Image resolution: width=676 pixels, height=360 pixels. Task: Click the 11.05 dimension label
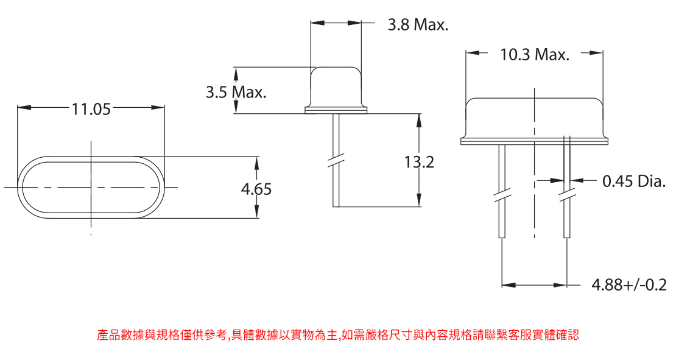pyautogui.click(x=91, y=109)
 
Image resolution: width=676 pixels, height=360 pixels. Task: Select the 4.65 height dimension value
pyautogui.click(x=256, y=189)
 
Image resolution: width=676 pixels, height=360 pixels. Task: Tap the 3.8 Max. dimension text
pyautogui.click(x=418, y=25)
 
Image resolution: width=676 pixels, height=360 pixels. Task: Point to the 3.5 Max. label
pyautogui.click(x=236, y=93)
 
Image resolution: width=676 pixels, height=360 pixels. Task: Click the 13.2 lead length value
pyautogui.click(x=419, y=163)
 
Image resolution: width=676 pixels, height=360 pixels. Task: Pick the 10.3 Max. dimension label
pyautogui.click(x=535, y=55)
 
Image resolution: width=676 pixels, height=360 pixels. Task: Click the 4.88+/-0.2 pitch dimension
pyautogui.click(x=629, y=284)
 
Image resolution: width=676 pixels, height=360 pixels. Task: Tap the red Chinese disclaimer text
pyautogui.click(x=337, y=335)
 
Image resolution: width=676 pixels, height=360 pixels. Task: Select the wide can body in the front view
pyautogui.click(x=534, y=117)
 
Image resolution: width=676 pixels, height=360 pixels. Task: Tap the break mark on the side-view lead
pyautogui.click(x=336, y=161)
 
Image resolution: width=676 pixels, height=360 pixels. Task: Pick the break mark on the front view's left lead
pyautogui.click(x=501, y=197)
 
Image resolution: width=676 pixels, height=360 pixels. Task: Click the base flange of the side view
pyautogui.click(x=336, y=110)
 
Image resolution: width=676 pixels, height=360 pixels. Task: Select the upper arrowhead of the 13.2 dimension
pyautogui.click(x=419, y=119)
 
